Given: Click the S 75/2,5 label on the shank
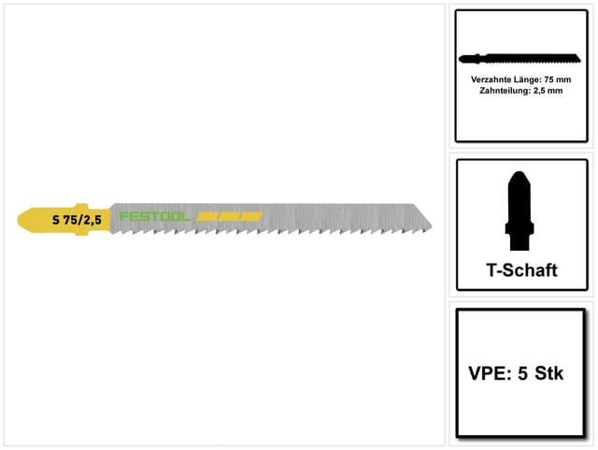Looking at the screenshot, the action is [x=77, y=220].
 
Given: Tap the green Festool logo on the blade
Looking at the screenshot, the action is [x=154, y=217].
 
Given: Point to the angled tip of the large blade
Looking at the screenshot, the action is [x=432, y=226].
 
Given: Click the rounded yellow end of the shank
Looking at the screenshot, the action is [x=23, y=220].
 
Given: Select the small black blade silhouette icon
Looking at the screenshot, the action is [x=520, y=59].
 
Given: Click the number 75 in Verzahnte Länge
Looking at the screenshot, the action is [x=549, y=80].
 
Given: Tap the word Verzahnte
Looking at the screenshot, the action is [x=489, y=80].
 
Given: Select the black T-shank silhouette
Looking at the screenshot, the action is [x=520, y=210].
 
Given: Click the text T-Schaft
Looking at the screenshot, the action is [x=521, y=270].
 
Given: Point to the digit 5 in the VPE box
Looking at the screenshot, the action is [x=522, y=373].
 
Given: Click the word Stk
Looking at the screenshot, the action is [x=548, y=373].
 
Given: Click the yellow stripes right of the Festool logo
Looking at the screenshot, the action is [x=230, y=217].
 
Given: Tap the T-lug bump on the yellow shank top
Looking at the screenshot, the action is [x=81, y=206].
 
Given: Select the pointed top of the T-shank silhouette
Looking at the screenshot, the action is [x=520, y=173].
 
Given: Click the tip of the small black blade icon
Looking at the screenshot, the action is [x=579, y=60].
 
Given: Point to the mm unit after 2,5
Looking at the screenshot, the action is [x=556, y=91].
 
